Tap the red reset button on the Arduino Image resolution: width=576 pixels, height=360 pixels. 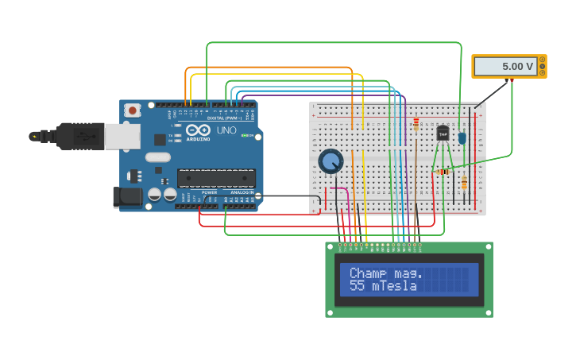(132, 110)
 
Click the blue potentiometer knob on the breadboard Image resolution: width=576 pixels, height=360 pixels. (331, 161)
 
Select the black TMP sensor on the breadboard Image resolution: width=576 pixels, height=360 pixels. (443, 133)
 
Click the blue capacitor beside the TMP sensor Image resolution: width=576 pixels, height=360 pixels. (462, 137)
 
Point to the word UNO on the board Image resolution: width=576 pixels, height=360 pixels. (226, 130)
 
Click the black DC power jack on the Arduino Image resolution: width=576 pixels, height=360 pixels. (126, 196)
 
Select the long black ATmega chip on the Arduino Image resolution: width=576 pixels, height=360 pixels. (216, 178)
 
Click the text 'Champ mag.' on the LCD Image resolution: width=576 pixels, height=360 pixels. (386, 273)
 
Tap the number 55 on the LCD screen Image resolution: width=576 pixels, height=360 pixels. (357, 286)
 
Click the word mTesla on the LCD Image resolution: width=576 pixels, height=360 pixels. (394, 286)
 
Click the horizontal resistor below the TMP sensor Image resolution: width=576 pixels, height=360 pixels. (443, 172)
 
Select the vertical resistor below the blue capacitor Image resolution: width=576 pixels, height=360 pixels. (464, 183)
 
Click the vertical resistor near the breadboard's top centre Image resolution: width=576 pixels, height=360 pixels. (416, 124)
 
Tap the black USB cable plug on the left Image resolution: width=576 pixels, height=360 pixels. (75, 136)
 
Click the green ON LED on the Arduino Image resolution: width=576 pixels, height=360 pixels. (249, 135)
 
